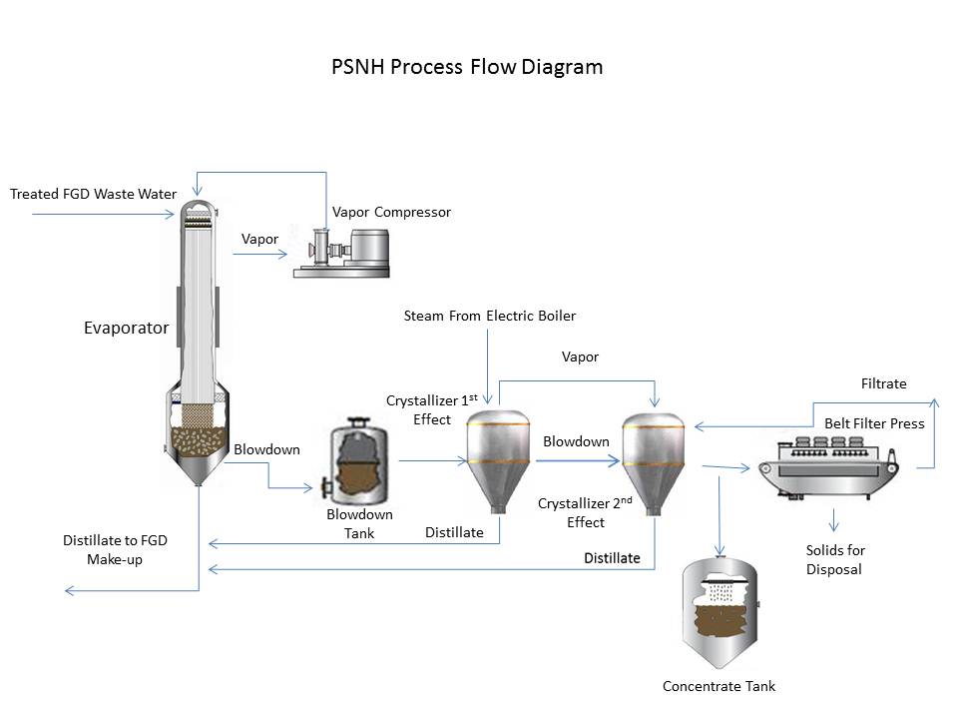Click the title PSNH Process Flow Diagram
[467, 68]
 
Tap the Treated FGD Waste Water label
[93, 194]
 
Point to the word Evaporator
[127, 328]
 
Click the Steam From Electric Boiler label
[489, 317]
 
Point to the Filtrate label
[883, 383]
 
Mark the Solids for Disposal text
[835, 560]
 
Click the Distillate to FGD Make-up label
[115, 550]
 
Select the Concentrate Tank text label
[718, 686]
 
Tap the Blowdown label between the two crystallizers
[576, 441]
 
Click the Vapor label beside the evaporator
[259, 240]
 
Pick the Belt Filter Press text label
[874, 423]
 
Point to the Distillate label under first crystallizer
[454, 532]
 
